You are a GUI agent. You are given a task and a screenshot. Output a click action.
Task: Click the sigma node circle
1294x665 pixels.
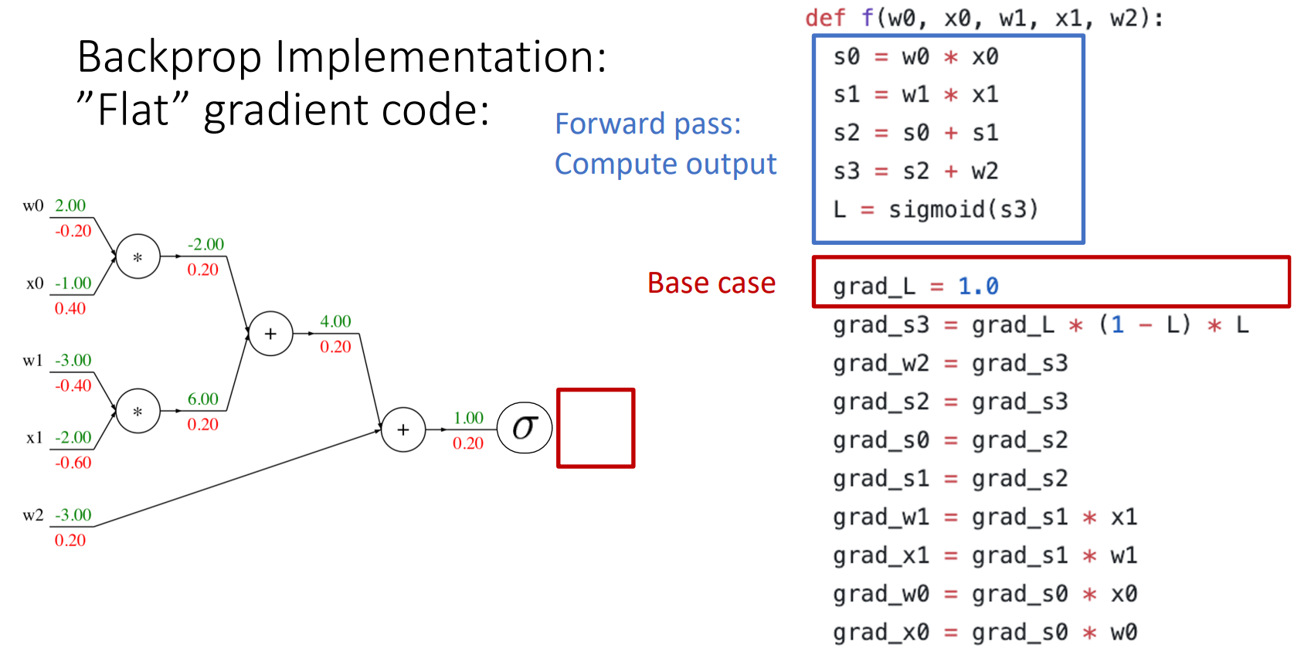point(525,428)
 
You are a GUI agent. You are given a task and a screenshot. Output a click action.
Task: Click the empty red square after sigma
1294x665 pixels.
point(596,428)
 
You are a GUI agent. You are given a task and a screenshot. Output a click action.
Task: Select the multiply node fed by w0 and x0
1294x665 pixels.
point(138,257)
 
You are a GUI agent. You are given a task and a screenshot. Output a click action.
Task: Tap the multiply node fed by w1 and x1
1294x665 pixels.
point(138,412)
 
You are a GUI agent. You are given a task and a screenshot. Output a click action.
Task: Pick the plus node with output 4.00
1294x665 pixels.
point(270,334)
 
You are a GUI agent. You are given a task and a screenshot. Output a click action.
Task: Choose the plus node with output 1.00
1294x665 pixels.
point(403,429)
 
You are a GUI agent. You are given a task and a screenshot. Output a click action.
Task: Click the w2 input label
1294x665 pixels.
point(32,515)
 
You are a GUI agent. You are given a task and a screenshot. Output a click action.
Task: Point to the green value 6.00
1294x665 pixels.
point(203,399)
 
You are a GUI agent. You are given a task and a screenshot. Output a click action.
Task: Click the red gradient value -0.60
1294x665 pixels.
point(73,463)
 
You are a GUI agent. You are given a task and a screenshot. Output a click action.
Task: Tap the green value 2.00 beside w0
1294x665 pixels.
point(70,205)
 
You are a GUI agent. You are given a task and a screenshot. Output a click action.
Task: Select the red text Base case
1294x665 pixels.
point(711,283)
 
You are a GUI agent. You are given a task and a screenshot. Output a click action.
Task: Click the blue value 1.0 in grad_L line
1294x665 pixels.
point(978,287)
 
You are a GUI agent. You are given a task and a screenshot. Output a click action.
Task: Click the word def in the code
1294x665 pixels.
point(825,18)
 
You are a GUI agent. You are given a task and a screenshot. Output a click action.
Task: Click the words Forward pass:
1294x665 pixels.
point(647,124)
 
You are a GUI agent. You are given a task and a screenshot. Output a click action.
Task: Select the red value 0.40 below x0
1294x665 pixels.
point(70,309)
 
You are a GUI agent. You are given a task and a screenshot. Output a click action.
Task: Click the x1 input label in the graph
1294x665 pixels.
point(34,438)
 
